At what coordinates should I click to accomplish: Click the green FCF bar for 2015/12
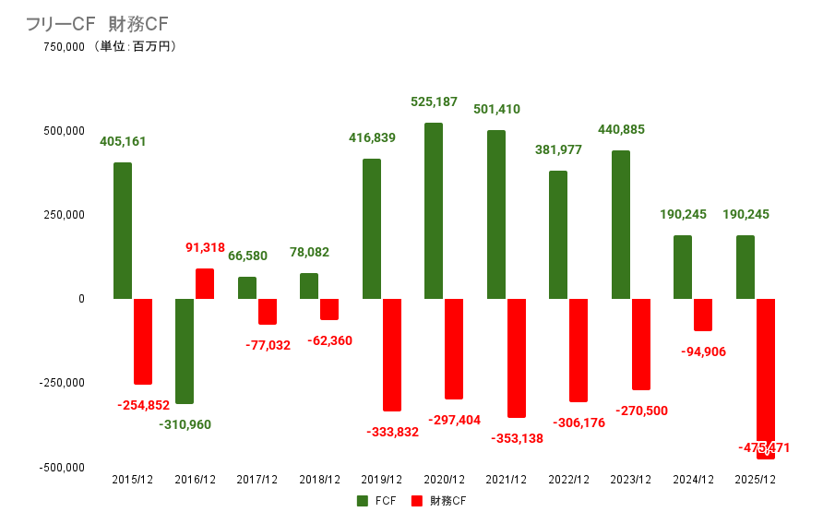(123, 231)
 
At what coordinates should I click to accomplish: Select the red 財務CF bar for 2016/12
(205, 283)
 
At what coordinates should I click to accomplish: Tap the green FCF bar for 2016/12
(185, 351)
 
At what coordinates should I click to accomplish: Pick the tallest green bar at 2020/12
(434, 210)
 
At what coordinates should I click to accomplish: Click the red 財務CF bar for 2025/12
(765, 377)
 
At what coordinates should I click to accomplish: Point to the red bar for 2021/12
(516, 358)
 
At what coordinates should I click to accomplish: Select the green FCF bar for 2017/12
(247, 288)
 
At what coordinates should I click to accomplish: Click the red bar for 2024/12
(703, 315)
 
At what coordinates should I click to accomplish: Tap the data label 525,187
(435, 101)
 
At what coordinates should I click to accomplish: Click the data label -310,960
(185, 425)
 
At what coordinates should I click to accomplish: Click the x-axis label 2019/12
(382, 480)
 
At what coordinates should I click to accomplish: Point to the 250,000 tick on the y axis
(62, 215)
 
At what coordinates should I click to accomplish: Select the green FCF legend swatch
(363, 501)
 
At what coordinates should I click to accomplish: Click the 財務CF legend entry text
(448, 501)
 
